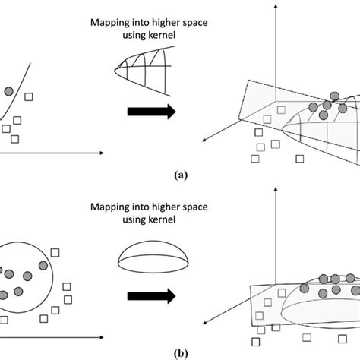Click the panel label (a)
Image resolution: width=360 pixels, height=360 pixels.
[x=180, y=174]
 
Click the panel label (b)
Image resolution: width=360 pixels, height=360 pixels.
[x=180, y=352]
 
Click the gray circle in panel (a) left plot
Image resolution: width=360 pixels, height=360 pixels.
[x=8, y=91]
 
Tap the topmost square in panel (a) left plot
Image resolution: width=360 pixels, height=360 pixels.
[x=29, y=96]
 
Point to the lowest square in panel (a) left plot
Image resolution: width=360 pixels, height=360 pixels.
[x=15, y=138]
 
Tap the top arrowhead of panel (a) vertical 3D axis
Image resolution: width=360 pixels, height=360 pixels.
[x=271, y=6]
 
